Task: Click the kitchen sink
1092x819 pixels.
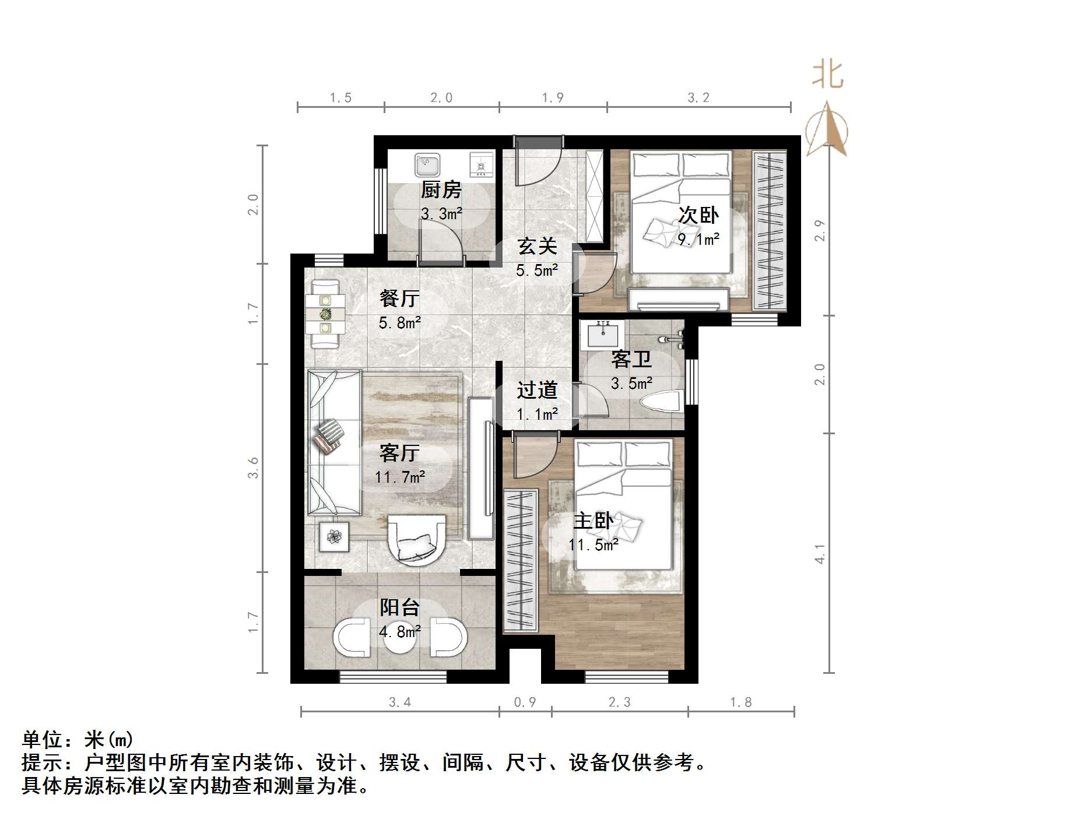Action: (427, 165)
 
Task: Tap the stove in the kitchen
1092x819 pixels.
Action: (482, 165)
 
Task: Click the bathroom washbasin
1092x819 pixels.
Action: (602, 335)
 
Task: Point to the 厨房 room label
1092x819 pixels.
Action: (441, 190)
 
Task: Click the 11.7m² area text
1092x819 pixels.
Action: (399, 477)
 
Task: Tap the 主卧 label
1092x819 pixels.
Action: (593, 521)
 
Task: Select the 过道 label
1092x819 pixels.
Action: (537, 390)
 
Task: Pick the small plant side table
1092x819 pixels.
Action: (335, 536)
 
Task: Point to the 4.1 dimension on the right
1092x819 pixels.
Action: (820, 554)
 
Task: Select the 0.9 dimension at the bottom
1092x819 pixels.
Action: (525, 702)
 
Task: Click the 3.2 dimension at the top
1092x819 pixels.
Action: (698, 98)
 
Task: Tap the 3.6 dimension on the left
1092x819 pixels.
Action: (253, 468)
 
